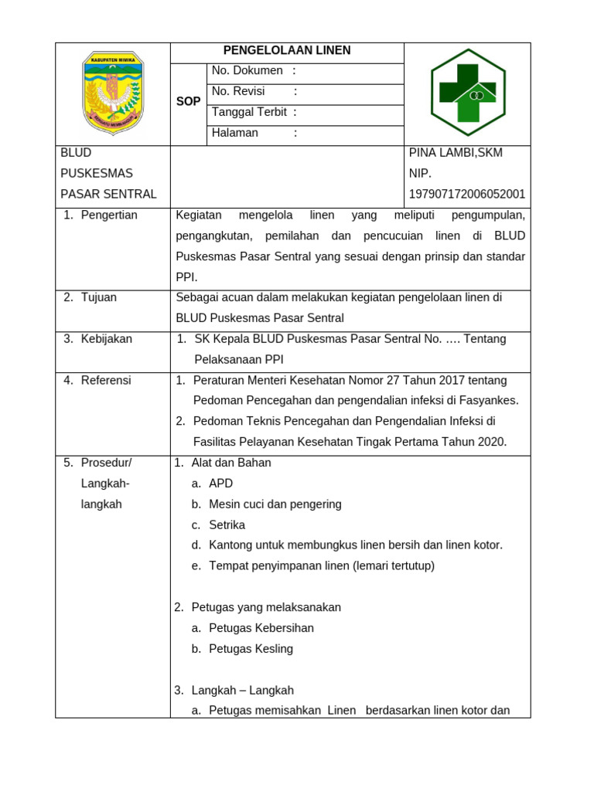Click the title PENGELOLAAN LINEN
click(287, 51)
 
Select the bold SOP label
click(189, 101)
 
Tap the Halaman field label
click(235, 133)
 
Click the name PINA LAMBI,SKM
click(456, 153)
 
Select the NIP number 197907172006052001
click(467, 194)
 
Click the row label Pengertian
click(109, 215)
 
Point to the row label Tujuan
click(99, 297)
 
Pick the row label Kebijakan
click(107, 338)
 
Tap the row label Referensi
click(106, 380)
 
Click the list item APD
click(220, 484)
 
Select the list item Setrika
click(227, 525)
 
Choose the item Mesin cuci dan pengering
click(275, 504)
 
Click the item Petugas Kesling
click(251, 649)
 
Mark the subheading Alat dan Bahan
click(231, 463)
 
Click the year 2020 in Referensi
click(490, 442)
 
